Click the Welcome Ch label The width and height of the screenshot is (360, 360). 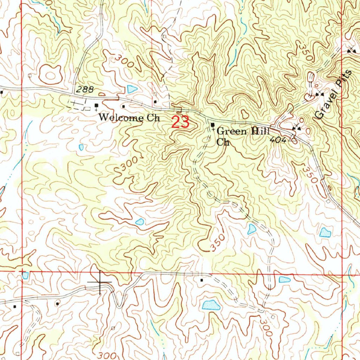(129, 118)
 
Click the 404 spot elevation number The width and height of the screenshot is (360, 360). (278, 140)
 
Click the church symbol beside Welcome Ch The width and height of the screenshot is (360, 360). (96, 105)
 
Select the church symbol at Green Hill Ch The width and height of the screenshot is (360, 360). (212, 125)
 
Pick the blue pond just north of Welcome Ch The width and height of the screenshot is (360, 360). (132, 89)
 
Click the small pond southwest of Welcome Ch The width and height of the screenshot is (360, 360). (81, 147)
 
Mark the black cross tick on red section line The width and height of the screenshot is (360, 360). (100, 282)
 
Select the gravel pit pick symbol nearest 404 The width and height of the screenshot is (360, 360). (297, 129)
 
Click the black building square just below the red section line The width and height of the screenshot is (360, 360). (201, 280)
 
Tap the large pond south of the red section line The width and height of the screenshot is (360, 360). (211, 305)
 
